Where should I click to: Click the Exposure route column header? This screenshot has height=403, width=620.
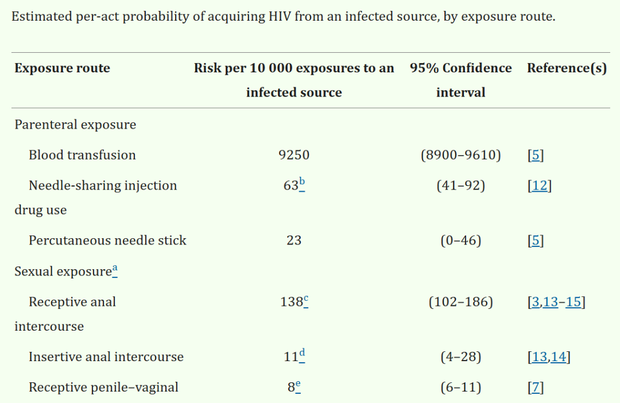(62, 68)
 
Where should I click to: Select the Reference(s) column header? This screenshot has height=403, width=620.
(567, 68)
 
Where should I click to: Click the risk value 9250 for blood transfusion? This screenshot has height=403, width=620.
(294, 154)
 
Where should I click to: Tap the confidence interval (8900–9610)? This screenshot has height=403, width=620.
(460, 154)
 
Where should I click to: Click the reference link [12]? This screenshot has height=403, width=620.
(539, 185)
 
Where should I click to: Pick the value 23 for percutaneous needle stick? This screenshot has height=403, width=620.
(294, 241)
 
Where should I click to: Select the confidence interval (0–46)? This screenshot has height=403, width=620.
(460, 241)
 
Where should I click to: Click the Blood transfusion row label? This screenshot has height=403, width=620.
(82, 154)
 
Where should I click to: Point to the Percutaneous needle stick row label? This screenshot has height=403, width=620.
(107, 241)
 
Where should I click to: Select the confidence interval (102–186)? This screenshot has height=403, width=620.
(460, 302)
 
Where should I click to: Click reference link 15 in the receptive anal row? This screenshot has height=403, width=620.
(573, 302)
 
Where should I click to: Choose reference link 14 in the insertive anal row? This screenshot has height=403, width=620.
(559, 356)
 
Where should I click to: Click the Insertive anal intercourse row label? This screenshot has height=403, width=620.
(106, 356)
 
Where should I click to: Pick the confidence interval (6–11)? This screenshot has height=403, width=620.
(460, 387)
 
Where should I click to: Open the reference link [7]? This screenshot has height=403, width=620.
(536, 387)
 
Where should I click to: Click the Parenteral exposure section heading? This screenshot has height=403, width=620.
(75, 125)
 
